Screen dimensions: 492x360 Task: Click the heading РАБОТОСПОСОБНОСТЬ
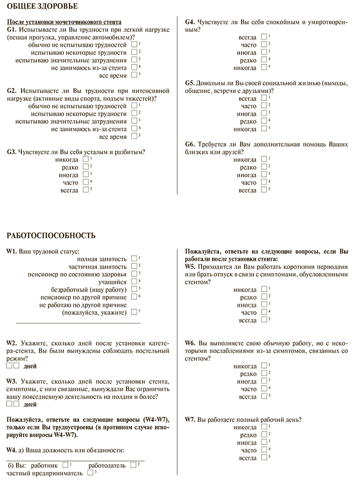click(50, 235)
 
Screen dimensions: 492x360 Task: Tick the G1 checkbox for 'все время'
click(135, 75)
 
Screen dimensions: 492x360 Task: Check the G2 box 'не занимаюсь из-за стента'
click(135, 129)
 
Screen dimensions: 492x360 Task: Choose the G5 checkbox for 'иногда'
click(264, 113)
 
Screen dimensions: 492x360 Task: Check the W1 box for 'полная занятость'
click(134, 259)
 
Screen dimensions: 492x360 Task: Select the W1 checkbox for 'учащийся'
click(134, 282)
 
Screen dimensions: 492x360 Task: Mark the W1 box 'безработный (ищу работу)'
click(134, 289)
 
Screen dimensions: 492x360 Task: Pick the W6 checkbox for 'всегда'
click(264, 396)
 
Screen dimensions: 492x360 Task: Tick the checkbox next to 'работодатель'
click(133, 465)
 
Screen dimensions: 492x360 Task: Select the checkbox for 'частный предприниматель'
click(90, 473)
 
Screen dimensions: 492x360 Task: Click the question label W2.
click(12, 343)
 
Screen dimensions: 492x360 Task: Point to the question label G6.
click(190, 144)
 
